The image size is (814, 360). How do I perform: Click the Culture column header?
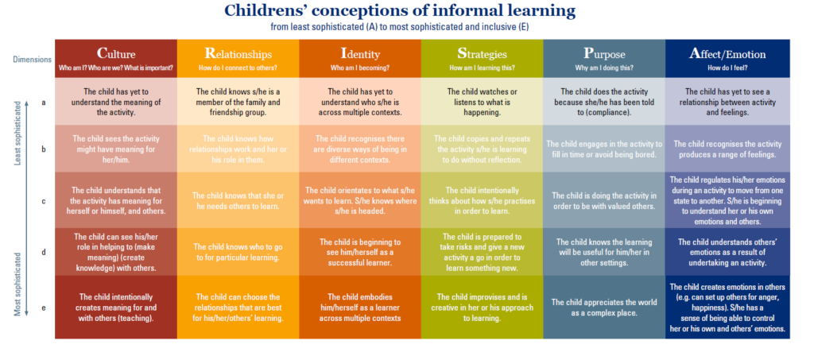click(x=116, y=54)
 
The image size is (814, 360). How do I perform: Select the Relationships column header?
click(x=238, y=54)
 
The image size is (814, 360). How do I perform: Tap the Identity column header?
click(x=360, y=54)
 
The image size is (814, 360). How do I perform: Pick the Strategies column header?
click(x=482, y=54)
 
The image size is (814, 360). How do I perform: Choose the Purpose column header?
click(x=604, y=54)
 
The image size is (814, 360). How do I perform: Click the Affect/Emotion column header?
click(x=727, y=54)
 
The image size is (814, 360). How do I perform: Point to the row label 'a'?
click(x=44, y=103)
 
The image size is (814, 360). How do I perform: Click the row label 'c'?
click(x=44, y=201)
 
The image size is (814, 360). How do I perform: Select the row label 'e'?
click(x=44, y=308)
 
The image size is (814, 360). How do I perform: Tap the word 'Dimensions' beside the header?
click(x=32, y=60)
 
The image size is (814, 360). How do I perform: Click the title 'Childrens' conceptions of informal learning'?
click(x=400, y=10)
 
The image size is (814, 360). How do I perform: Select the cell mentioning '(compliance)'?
click(x=604, y=102)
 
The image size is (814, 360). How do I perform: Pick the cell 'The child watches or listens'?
click(x=483, y=102)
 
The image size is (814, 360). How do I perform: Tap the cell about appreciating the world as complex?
click(x=604, y=308)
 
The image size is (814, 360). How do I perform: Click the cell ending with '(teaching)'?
click(x=116, y=308)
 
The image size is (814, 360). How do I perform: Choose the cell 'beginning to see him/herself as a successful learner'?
click(x=360, y=253)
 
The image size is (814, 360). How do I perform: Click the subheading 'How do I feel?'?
click(x=727, y=68)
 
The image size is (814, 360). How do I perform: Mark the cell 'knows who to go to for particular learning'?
click(x=238, y=253)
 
